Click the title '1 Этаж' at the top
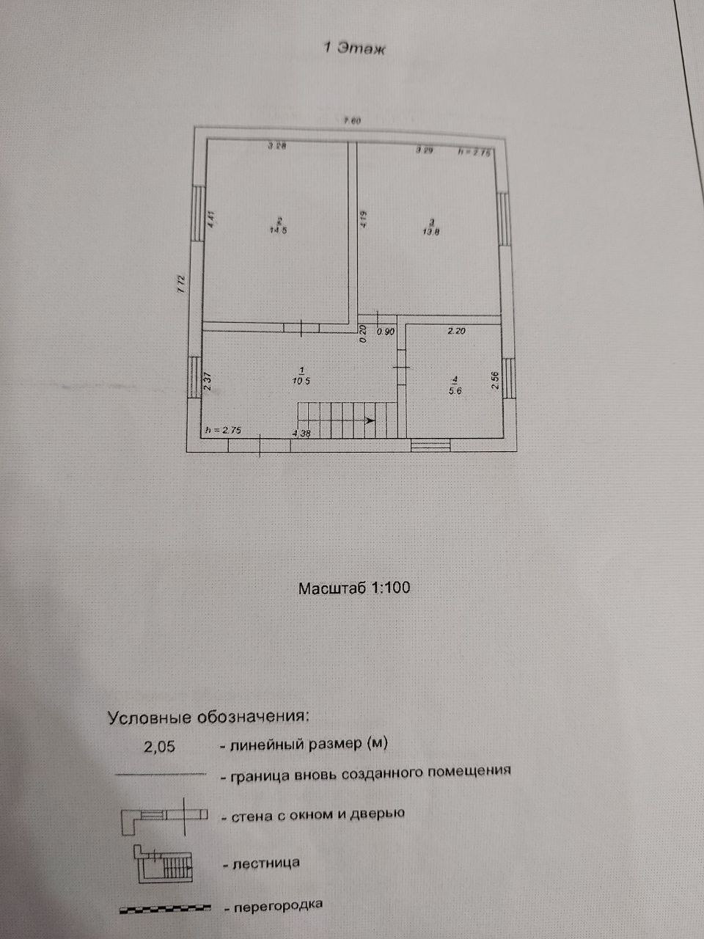[x=354, y=48]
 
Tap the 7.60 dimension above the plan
[x=353, y=120]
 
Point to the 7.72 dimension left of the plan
[x=180, y=283]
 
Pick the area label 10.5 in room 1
[x=301, y=381]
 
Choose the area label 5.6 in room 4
[x=456, y=390]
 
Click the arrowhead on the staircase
[x=370, y=420]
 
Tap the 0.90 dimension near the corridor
[x=385, y=332]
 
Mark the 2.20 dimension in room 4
[x=457, y=332]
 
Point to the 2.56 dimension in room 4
[x=496, y=380]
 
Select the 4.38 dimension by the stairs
[x=301, y=433]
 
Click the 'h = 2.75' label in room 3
[x=473, y=153]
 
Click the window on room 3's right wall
[x=503, y=218]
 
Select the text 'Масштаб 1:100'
[x=354, y=588]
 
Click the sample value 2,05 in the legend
[x=159, y=748]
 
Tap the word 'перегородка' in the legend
[x=278, y=905]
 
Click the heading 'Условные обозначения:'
[x=209, y=717]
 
